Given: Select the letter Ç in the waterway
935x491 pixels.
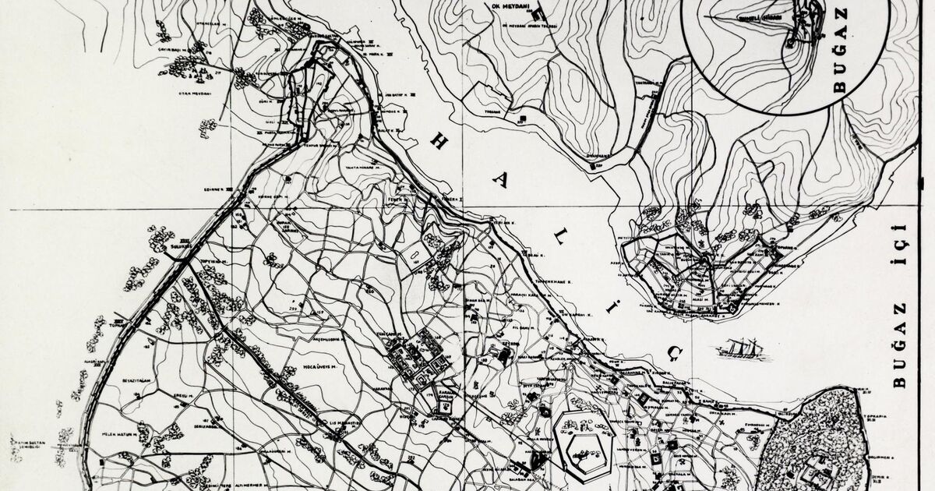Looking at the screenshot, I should [x=674, y=355].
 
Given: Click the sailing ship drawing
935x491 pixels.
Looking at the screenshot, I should [x=743, y=348].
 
